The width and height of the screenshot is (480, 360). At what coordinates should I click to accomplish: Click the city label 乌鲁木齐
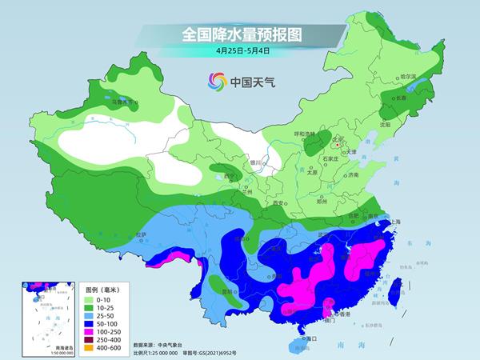tap(125, 102)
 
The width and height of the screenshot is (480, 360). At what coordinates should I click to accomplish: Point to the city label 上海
tap(394, 221)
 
